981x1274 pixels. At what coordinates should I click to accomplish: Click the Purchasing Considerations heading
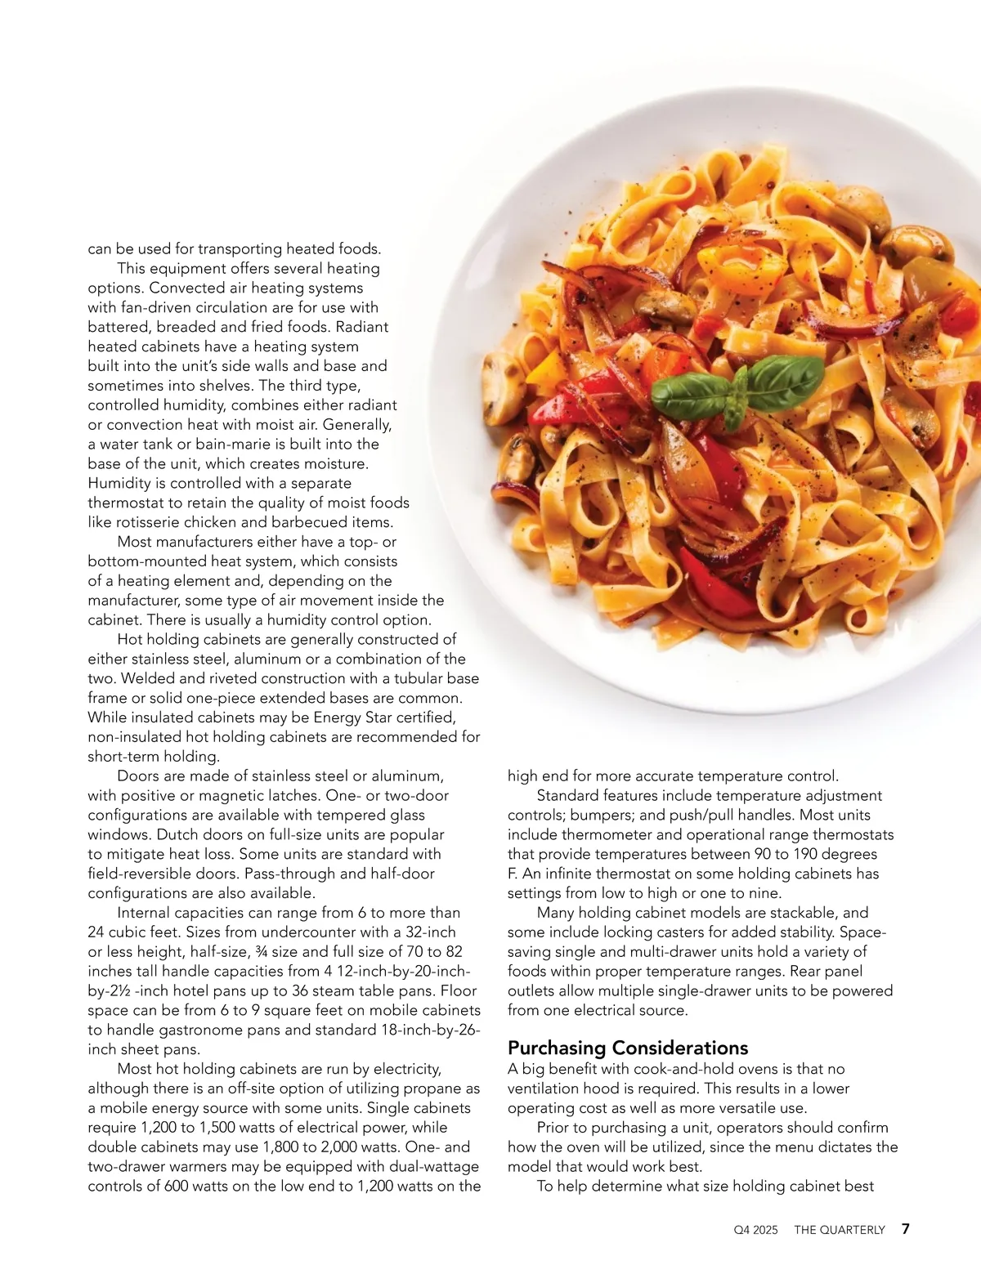click(x=628, y=1048)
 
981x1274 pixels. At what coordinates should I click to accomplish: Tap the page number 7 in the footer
click(x=906, y=1229)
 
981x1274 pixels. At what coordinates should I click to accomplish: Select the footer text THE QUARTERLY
click(x=840, y=1230)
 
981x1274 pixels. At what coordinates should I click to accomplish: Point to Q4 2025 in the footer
click(x=756, y=1230)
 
